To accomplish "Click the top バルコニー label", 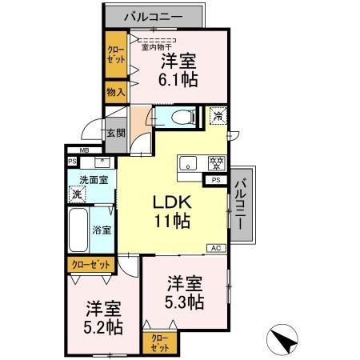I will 154,16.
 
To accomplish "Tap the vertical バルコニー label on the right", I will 241,204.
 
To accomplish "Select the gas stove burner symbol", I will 214,162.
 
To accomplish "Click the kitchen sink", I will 189,163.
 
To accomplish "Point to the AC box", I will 215,248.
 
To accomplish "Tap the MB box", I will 84,150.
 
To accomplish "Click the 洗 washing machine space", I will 77,194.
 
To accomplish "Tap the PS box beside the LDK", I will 216,181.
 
